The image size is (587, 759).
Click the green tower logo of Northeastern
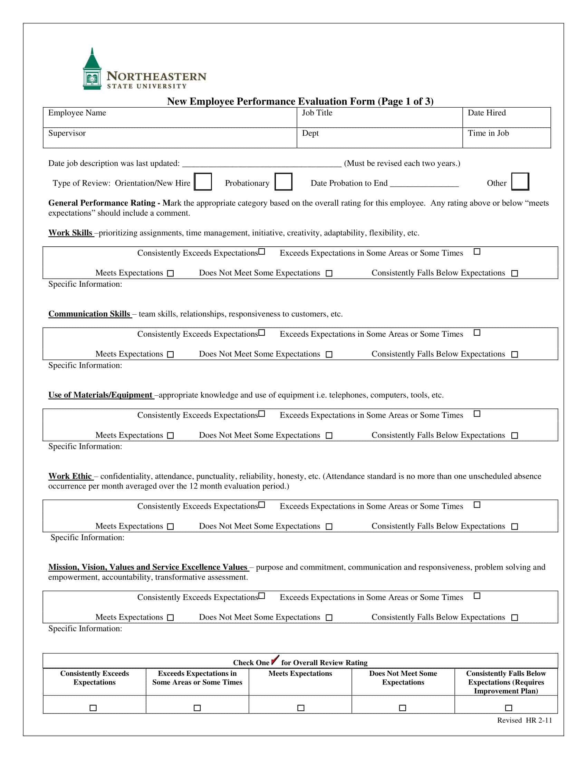[92, 69]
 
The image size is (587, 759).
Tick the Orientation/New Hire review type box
[203, 182]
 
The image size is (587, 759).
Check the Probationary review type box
[283, 182]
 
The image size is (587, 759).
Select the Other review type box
[520, 181]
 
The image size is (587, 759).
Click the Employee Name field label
[77, 113]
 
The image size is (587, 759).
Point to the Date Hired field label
[487, 113]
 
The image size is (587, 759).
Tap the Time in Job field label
[488, 133]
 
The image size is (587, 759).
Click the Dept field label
[310, 134]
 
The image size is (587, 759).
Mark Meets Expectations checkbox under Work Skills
[170, 274]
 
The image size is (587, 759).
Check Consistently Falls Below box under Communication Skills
[515, 354]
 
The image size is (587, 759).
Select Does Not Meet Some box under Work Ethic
[329, 526]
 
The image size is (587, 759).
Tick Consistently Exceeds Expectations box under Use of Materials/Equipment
[262, 414]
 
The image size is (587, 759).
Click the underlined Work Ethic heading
[70, 476]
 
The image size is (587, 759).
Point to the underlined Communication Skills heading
[89, 314]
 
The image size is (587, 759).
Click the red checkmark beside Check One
[275, 660]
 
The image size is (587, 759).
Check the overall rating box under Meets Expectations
[301, 708]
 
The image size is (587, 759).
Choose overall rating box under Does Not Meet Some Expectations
[403, 708]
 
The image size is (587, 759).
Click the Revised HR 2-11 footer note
[525, 720]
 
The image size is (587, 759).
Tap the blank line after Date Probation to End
[424, 184]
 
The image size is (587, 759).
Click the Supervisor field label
[67, 134]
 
